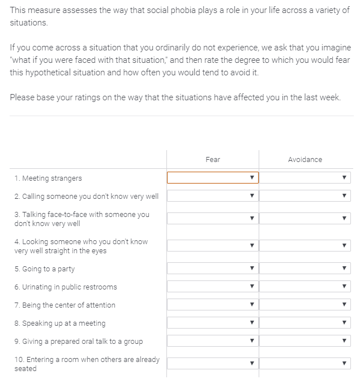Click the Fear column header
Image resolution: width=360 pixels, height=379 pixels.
click(213, 160)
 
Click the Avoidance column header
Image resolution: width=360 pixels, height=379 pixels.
click(305, 160)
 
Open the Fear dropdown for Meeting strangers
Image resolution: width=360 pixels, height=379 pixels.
click(213, 178)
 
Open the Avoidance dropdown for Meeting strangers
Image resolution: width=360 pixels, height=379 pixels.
click(305, 178)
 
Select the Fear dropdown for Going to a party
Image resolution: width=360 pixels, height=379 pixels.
click(213, 269)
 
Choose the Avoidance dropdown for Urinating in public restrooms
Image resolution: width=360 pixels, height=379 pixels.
click(305, 287)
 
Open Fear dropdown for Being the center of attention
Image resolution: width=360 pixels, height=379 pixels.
click(213, 305)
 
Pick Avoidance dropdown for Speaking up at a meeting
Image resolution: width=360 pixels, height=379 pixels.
click(305, 323)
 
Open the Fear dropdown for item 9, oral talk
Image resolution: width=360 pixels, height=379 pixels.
click(213, 341)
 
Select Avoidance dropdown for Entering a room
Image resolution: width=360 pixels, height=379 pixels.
click(305, 364)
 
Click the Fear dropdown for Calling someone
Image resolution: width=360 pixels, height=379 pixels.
click(213, 196)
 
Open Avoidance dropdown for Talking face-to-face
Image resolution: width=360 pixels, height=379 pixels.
click(305, 219)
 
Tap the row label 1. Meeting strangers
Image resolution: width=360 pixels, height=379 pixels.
click(48, 178)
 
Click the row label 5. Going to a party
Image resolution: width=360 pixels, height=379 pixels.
click(45, 269)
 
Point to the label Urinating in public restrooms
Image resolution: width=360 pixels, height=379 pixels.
click(66, 287)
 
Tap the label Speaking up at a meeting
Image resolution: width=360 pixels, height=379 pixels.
click(60, 323)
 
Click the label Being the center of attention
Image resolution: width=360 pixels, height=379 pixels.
click(65, 305)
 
